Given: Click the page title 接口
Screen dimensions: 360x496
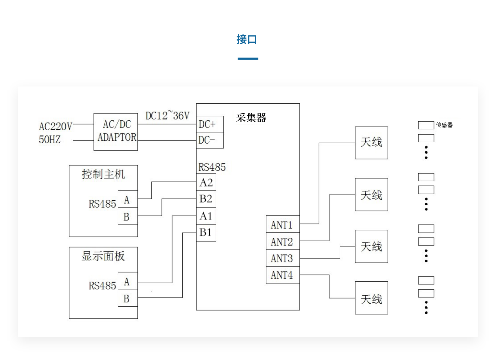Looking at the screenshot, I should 247,40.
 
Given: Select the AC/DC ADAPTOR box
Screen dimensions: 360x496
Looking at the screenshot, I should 116,132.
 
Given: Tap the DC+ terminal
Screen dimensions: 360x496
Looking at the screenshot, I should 210,124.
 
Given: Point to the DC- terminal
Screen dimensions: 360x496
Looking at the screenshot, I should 210,140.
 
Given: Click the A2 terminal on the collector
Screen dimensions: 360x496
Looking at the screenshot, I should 206,182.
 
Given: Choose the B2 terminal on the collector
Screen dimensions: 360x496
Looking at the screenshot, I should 206,199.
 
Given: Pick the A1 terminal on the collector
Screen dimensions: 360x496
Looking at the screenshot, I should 206,216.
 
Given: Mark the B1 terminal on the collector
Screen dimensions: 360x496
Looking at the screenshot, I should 206,233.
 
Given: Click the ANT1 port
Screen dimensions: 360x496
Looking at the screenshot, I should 282,225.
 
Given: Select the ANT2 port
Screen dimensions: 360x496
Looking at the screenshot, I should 282,242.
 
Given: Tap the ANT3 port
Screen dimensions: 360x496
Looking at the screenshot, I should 282,258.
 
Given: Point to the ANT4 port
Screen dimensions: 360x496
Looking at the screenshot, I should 282,275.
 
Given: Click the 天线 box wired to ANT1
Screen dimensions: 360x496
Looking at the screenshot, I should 371,143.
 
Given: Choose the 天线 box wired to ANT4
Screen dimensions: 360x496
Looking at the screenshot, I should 371,298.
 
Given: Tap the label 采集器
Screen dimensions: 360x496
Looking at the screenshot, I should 251,118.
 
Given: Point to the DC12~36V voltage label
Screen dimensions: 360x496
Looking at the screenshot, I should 167,116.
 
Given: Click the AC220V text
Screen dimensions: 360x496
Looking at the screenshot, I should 55,126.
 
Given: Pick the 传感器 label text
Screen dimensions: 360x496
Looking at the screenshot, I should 444,125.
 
